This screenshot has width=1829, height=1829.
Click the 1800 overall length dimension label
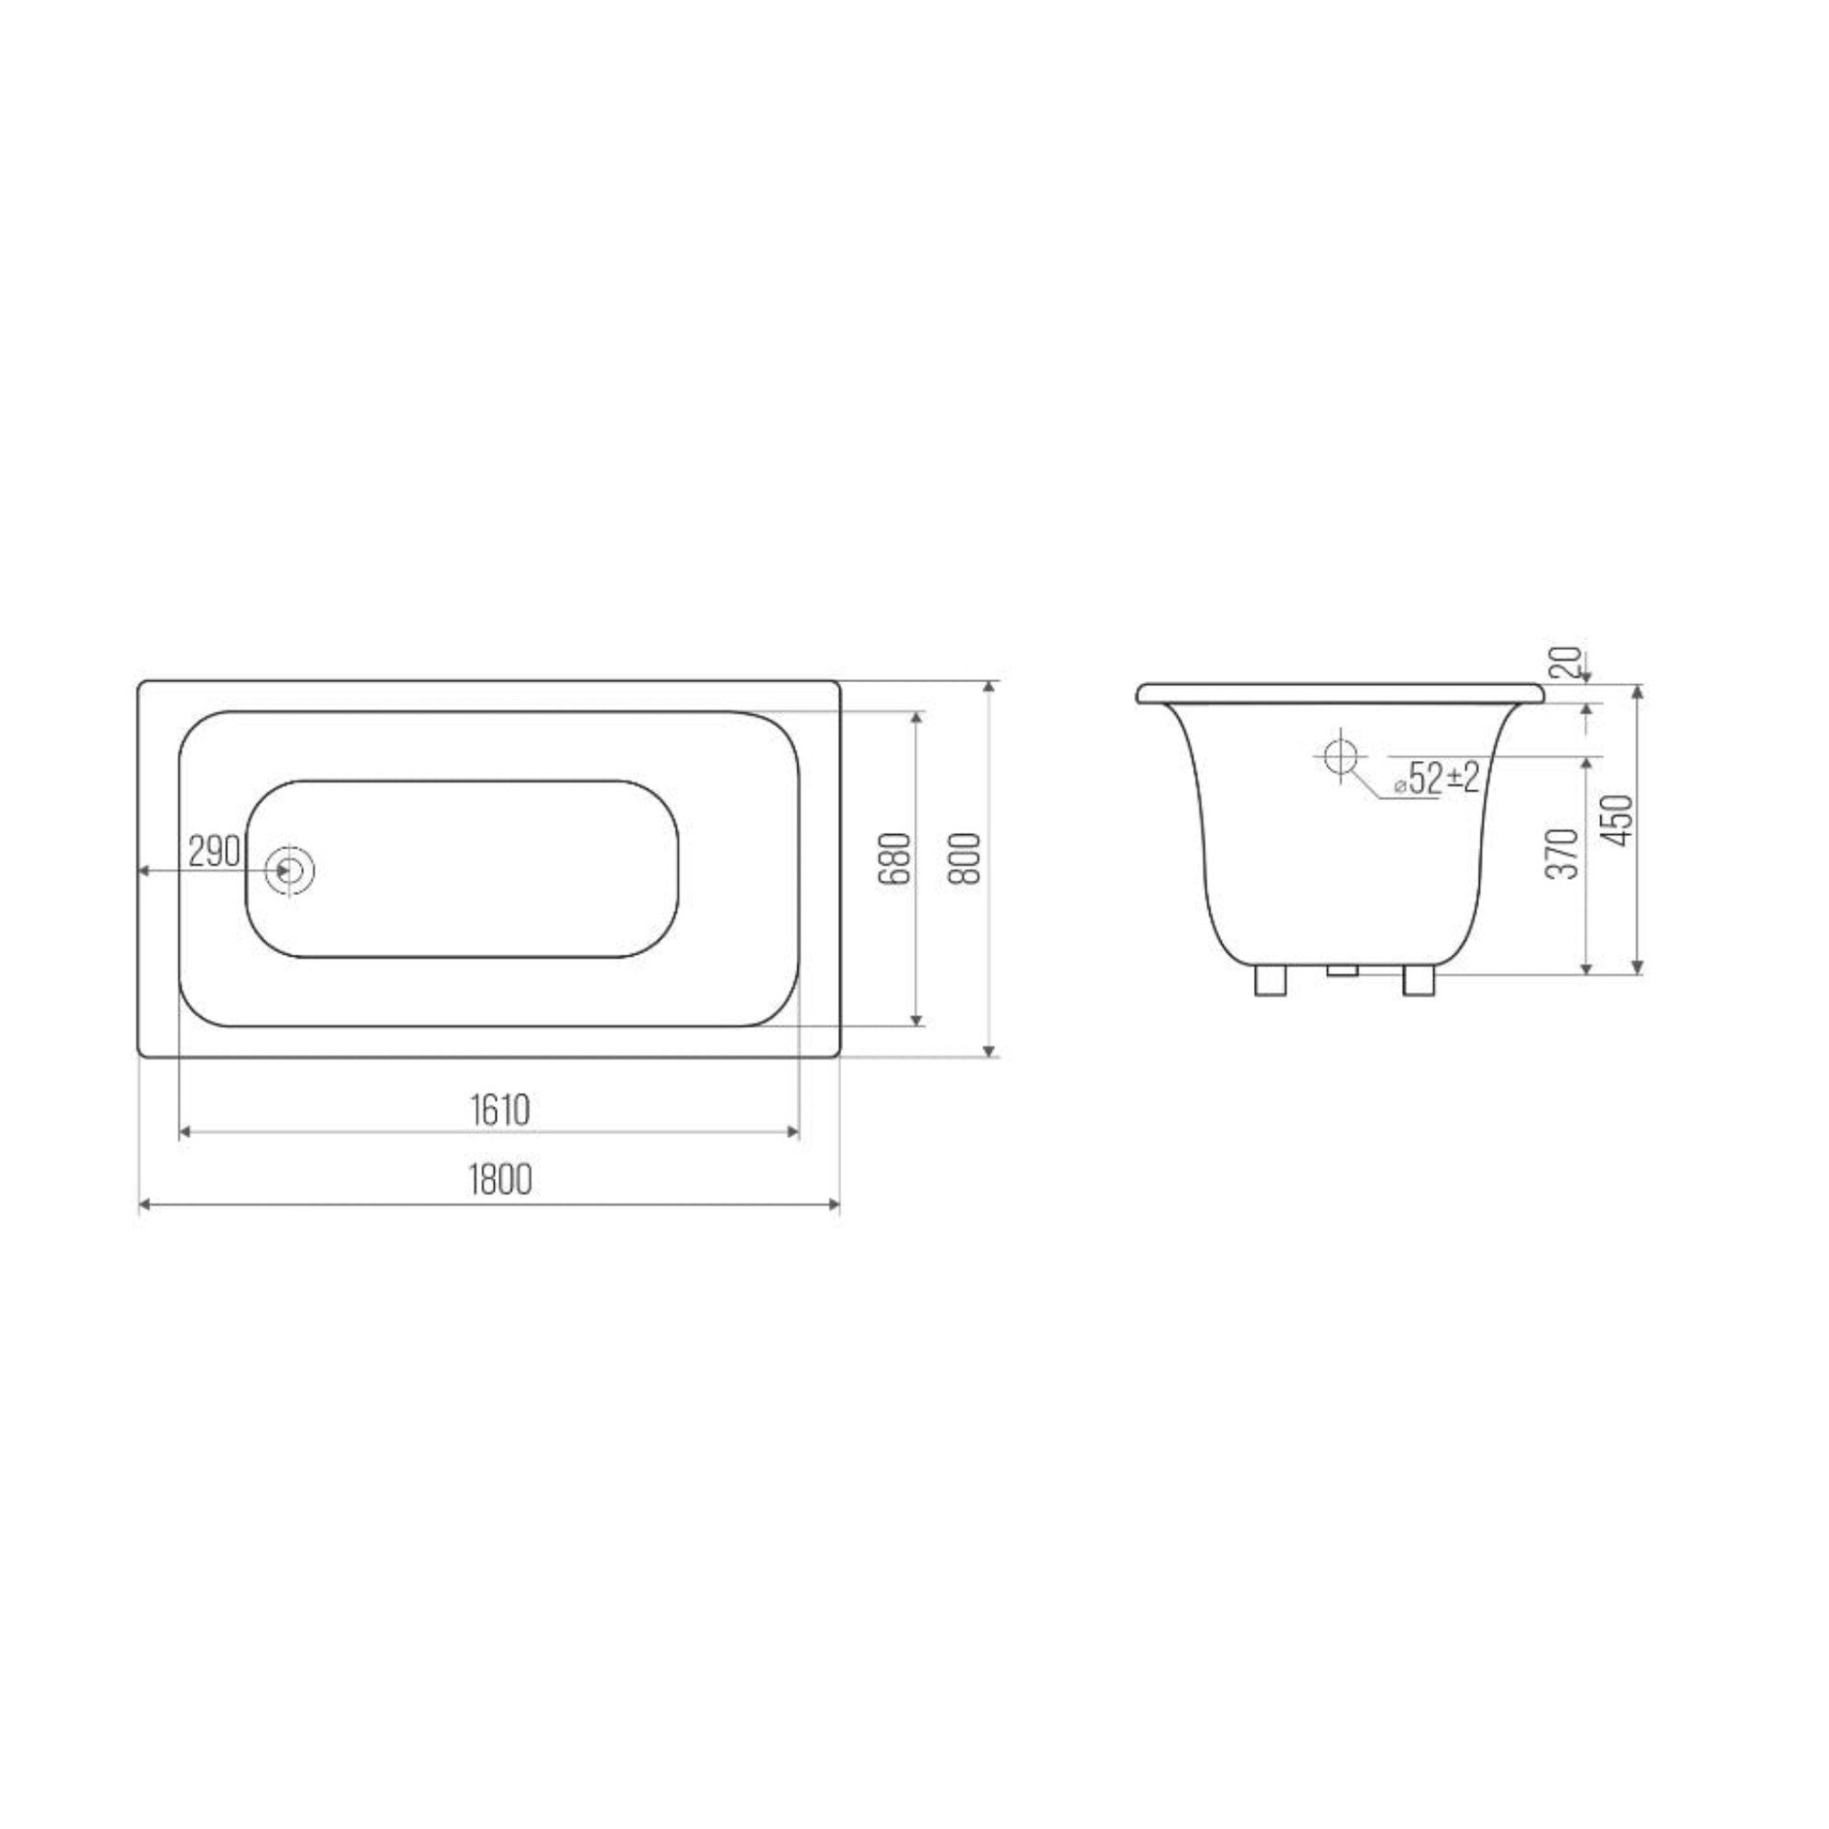[x=500, y=1180]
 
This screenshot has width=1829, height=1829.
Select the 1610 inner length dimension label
[x=500, y=1109]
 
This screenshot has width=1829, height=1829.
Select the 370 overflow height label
[x=1562, y=853]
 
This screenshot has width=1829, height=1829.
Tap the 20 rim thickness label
[x=1567, y=662]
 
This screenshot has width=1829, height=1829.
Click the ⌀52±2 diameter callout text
[x=1436, y=777]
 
